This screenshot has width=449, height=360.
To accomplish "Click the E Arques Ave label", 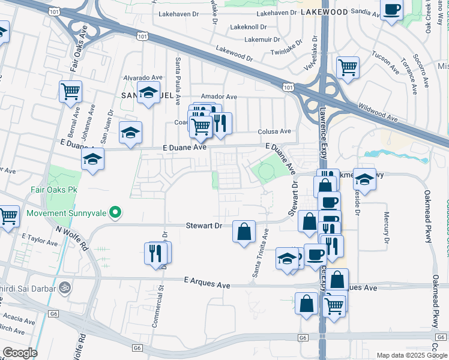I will [x=207, y=280].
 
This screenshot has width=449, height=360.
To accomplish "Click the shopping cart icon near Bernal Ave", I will [x=70, y=92].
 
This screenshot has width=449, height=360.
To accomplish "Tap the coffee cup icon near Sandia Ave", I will [x=391, y=10].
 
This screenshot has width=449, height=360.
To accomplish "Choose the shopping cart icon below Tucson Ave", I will [x=348, y=68].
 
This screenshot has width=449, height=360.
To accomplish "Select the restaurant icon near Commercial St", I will [x=157, y=253].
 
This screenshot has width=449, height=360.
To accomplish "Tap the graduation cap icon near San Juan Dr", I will [x=130, y=133].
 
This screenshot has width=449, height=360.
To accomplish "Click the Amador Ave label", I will [x=219, y=97].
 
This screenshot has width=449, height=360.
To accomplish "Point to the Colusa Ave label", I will [x=274, y=131].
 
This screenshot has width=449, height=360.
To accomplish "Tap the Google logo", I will [x=20, y=352].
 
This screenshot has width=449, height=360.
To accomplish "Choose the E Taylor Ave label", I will [x=40, y=240].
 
